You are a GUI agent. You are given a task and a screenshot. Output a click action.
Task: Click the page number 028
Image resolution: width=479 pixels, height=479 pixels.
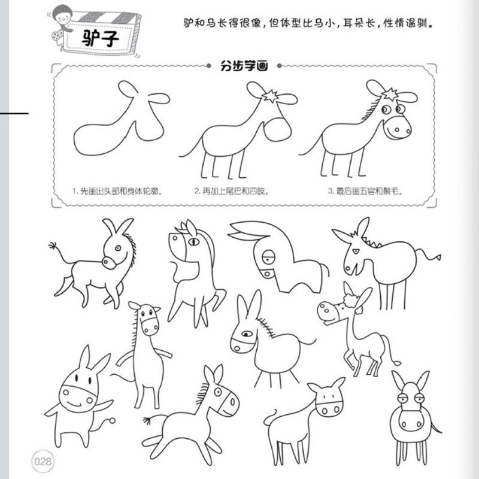pos(43,461)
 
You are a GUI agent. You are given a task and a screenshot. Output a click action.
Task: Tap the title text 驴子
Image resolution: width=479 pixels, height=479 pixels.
pos(100,39)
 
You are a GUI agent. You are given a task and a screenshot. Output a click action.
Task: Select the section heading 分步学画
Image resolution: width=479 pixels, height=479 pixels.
pos(244,66)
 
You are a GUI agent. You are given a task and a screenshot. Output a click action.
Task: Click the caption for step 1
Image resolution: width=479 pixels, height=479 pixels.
pos(117,192)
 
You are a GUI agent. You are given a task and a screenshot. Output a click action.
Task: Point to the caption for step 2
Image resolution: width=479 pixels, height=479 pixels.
pos(232,192)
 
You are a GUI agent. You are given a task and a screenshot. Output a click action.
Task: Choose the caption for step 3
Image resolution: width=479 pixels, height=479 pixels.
pos(365,192)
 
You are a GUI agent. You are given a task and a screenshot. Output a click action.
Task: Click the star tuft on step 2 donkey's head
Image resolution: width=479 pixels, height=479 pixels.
pos(270,96)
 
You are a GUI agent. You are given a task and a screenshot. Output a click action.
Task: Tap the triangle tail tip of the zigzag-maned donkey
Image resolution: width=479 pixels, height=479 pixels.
pos(438,257)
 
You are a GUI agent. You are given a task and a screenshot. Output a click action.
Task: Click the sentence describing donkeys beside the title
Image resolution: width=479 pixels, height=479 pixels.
pos(308,23)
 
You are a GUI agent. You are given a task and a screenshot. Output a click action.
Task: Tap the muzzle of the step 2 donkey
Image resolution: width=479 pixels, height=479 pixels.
pos(277,130)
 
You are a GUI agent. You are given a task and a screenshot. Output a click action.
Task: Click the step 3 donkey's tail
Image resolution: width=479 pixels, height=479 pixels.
pos(310,147)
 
